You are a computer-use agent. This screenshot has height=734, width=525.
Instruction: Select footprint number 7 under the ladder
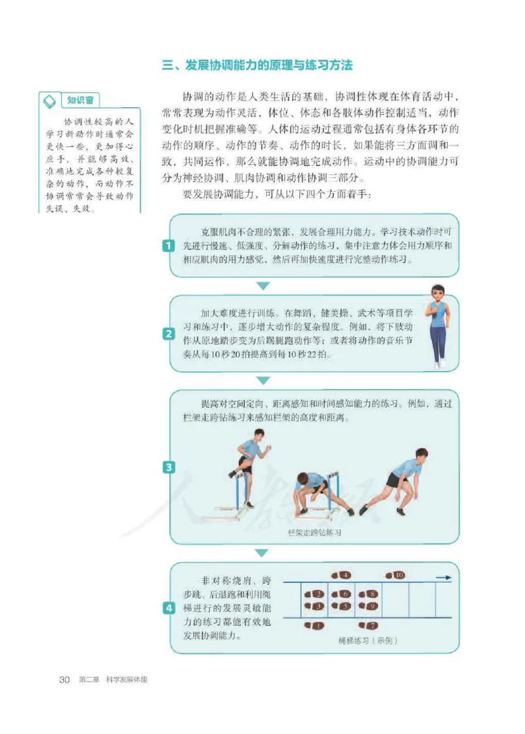click(369, 626)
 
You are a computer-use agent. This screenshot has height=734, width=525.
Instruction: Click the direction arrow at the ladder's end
click(444, 578)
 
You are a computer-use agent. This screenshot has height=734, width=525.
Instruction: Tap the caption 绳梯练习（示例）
click(367, 640)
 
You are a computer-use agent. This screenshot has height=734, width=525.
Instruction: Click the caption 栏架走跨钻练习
click(314, 532)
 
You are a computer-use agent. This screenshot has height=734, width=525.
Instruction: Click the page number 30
click(64, 680)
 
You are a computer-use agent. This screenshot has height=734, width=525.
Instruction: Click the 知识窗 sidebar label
click(81, 100)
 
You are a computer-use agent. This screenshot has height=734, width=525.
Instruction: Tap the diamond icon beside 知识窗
click(49, 101)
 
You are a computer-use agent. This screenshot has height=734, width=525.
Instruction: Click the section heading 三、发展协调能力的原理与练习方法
click(257, 66)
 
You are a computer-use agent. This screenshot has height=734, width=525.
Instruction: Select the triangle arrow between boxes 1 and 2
click(262, 286)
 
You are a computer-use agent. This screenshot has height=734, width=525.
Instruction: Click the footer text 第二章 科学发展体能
click(112, 680)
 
